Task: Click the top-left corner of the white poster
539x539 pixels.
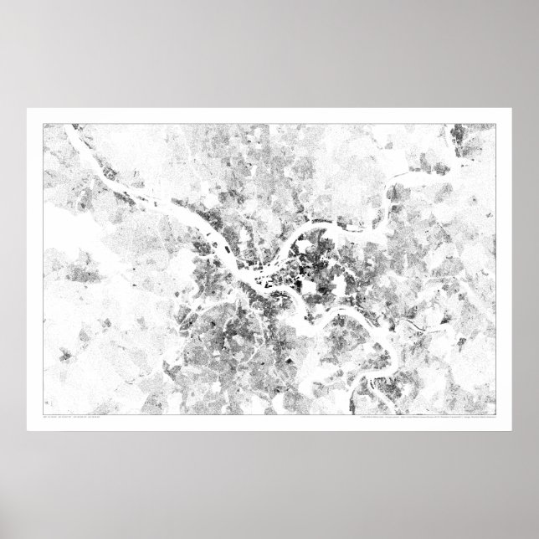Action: click(28, 109)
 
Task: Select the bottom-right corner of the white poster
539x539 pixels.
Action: click(511, 430)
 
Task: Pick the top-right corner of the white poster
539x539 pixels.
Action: click(511, 109)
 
